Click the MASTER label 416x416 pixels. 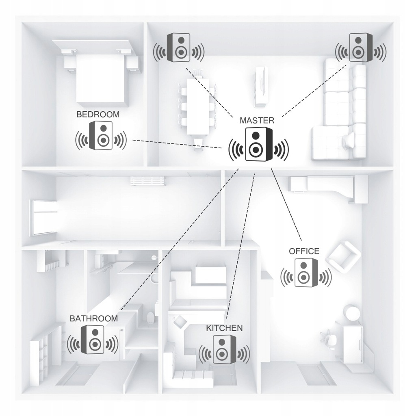[257, 120]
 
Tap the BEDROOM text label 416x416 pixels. [98, 114]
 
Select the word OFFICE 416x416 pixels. [304, 251]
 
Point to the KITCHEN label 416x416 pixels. [224, 328]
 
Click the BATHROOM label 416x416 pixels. [94, 318]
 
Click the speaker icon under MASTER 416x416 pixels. [259, 144]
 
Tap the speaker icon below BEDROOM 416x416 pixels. [101, 135]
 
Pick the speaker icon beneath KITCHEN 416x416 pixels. [224, 349]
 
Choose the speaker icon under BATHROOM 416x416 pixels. [93, 340]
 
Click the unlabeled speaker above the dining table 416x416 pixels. [179, 48]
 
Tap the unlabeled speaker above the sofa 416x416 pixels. [361, 48]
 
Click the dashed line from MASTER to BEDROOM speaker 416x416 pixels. [177, 143]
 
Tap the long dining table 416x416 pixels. [198, 106]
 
